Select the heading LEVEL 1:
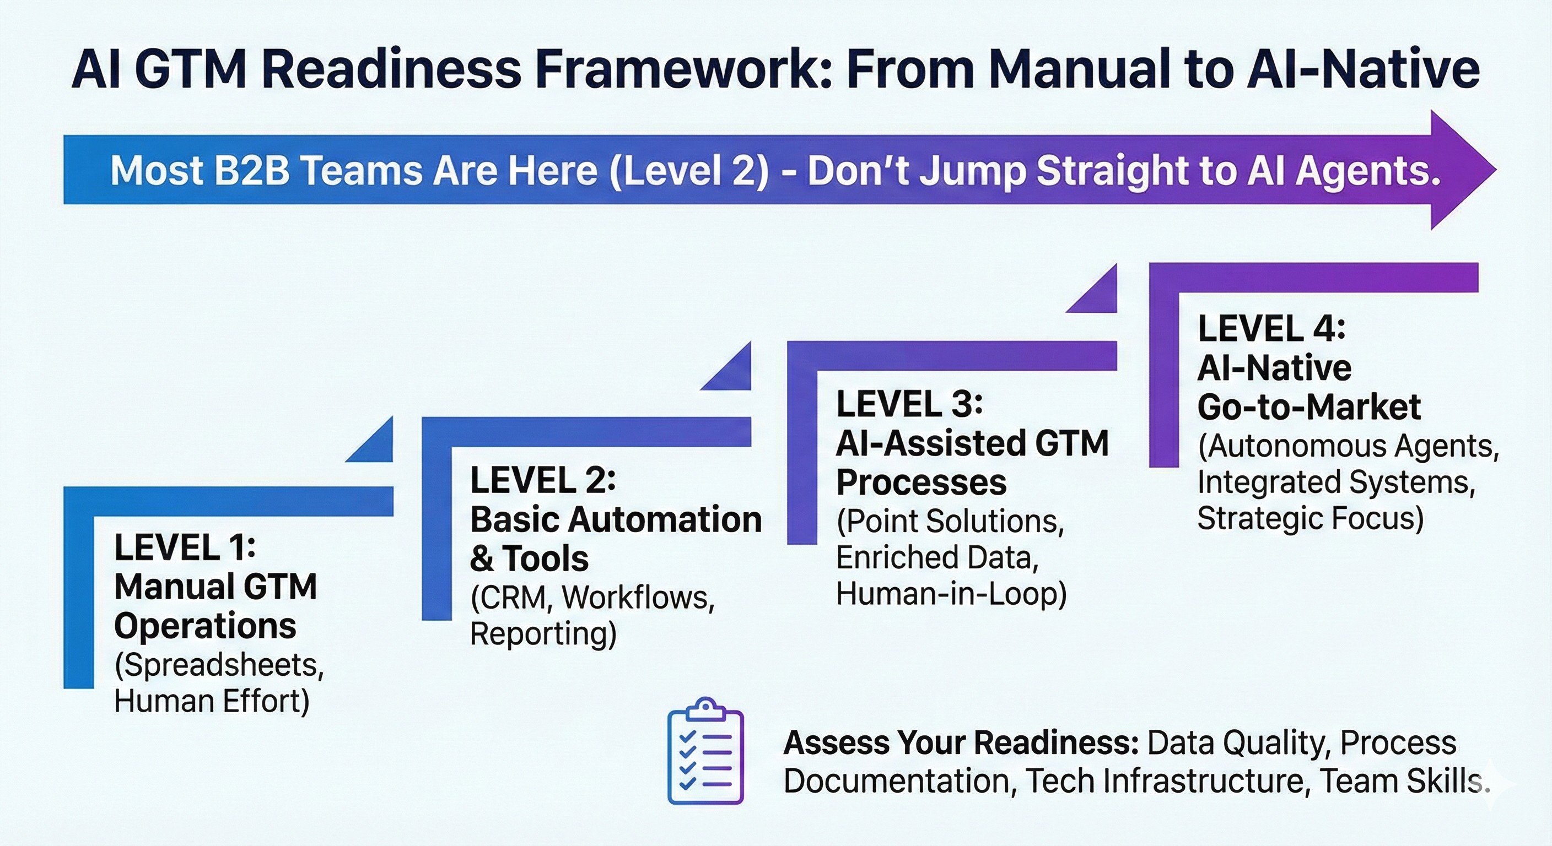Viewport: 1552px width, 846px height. [185, 547]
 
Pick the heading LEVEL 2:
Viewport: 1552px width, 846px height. [543, 480]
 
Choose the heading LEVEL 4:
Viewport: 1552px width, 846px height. [1271, 329]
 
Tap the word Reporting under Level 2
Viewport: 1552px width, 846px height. [542, 633]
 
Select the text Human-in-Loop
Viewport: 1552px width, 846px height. [951, 594]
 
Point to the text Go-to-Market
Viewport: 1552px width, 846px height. [1308, 407]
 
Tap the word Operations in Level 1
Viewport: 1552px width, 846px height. [205, 626]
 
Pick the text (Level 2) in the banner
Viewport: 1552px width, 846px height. [689, 171]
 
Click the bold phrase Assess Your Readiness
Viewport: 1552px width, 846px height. [961, 743]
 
